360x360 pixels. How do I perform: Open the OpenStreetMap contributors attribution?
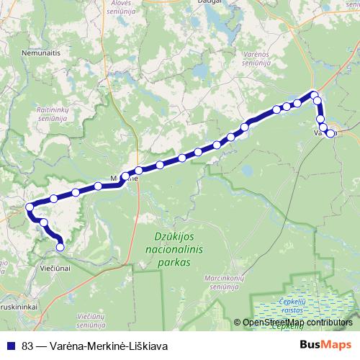click(297, 323)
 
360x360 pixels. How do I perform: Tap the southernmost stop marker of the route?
click(60, 247)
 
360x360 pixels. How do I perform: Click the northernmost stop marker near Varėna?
click(314, 94)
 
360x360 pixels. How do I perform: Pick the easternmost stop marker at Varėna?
click(331, 134)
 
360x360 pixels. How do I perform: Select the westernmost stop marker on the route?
click(30, 207)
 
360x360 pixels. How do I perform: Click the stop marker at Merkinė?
click(125, 176)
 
